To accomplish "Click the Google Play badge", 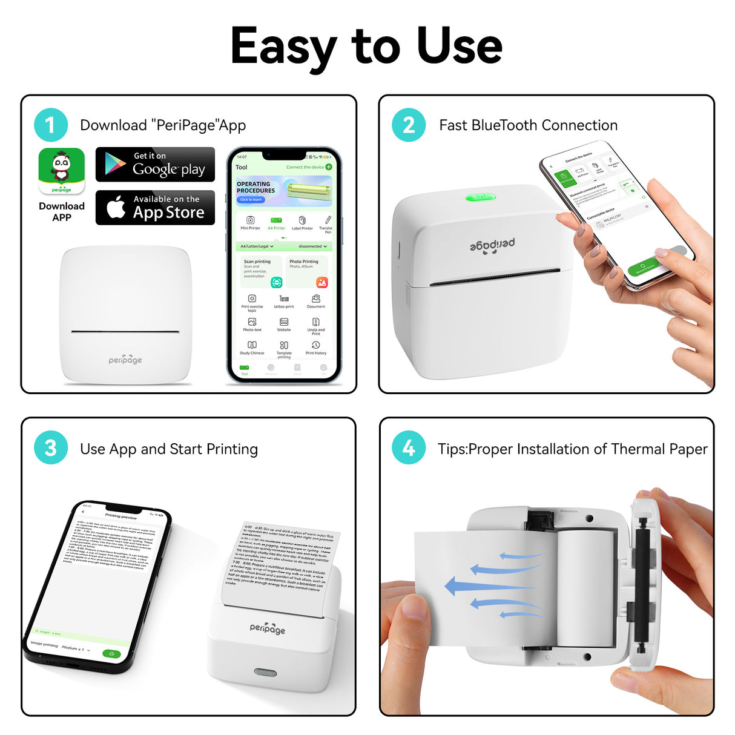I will tap(155, 164).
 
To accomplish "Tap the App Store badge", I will tap(155, 208).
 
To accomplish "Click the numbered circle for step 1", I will tap(51, 125).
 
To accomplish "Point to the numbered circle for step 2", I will tap(409, 125).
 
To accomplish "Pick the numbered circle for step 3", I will tap(51, 449).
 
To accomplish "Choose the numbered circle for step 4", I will tap(409, 449).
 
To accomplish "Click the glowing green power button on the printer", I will tap(481, 197).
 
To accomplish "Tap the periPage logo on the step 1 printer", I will tap(125, 360).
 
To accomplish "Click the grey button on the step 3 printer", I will tap(265, 672).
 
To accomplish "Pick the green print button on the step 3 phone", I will tap(111, 653).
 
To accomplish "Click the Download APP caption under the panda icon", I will tap(62, 211).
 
